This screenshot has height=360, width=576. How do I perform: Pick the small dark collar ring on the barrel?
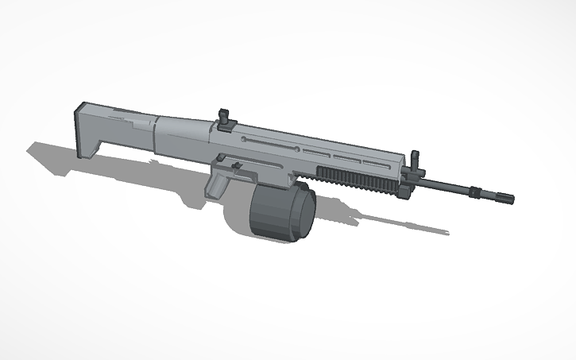[x=475, y=192]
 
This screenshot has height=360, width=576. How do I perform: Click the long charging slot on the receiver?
[x=270, y=141]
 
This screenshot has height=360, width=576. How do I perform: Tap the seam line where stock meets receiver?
[x=156, y=134]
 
